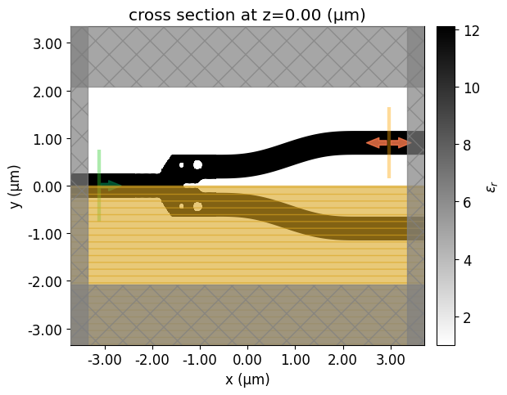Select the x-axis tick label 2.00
click(x=343, y=360)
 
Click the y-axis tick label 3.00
click(x=47, y=43)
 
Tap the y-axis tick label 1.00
click(x=47, y=139)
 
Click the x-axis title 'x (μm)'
click(x=247, y=379)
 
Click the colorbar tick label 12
click(x=471, y=32)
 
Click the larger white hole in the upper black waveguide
click(x=197, y=164)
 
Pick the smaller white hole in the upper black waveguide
click(x=181, y=164)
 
